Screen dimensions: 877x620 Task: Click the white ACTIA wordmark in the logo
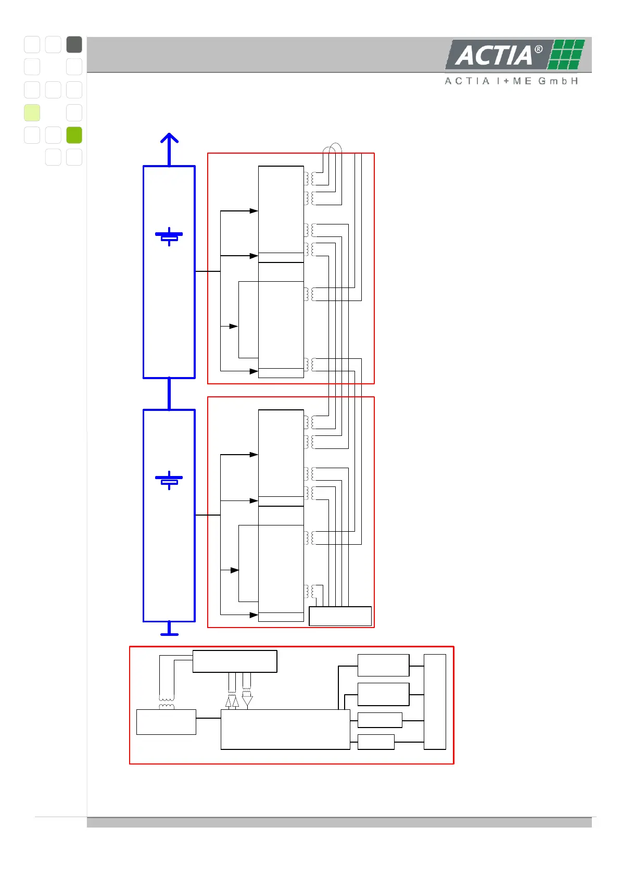point(493,56)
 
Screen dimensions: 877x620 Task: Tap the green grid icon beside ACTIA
point(567,54)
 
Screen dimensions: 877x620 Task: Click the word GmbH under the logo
point(559,81)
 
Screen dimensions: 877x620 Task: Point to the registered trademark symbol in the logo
point(538,49)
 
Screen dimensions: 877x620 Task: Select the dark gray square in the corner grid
point(74,45)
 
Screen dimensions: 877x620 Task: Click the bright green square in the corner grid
point(74,135)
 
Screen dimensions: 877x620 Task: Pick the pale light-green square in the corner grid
point(32,112)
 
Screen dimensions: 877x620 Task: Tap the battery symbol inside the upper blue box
point(169,236)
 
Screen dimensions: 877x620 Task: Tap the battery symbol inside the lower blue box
point(169,480)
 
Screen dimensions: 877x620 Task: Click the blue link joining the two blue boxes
point(169,394)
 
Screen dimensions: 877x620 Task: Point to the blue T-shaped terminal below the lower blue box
point(169,630)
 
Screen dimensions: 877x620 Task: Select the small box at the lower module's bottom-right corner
point(340,616)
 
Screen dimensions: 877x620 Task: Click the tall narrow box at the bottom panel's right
point(435,701)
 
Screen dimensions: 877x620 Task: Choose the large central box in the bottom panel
point(285,729)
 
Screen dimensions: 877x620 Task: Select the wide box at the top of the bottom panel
point(235,661)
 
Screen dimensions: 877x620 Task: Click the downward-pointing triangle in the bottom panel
point(247,701)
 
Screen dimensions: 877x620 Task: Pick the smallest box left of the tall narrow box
point(376,742)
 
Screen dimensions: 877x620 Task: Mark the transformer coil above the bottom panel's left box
point(167,703)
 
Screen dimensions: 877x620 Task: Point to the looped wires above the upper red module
point(332,148)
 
